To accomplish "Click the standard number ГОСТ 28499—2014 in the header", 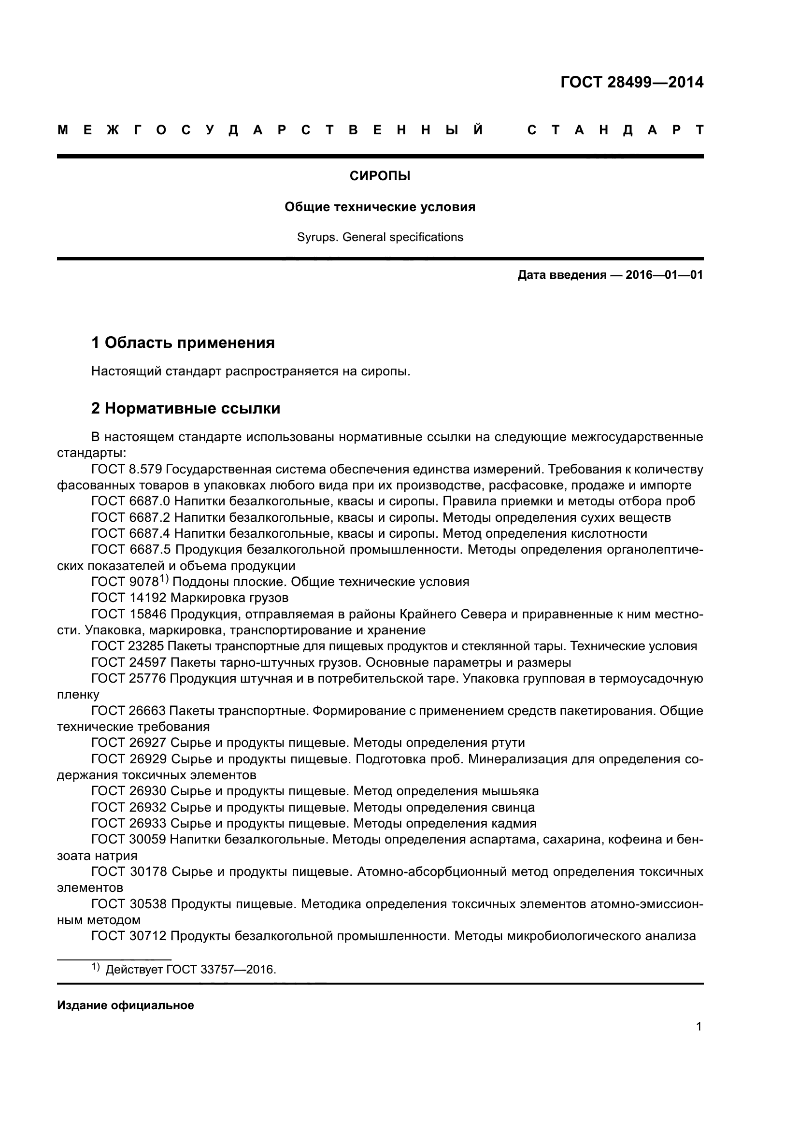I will click(x=632, y=82).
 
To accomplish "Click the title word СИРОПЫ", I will click(x=380, y=176).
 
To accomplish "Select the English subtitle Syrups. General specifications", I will click(x=380, y=237).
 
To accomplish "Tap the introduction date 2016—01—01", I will click(x=664, y=275).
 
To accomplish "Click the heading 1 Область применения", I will click(x=183, y=343).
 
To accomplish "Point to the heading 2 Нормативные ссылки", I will click(x=185, y=409).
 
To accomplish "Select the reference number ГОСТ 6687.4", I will click(x=130, y=533).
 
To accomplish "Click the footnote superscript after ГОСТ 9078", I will click(x=163, y=580).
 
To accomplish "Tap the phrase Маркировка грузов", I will click(x=229, y=598).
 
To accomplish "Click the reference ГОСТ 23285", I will click(x=129, y=646).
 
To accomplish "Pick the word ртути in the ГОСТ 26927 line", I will click(x=508, y=743).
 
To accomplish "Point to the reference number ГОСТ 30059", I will click(x=129, y=839).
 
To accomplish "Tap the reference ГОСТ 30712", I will click(x=129, y=936).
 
